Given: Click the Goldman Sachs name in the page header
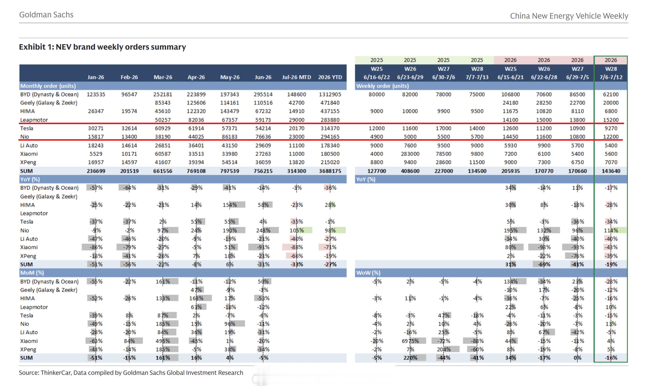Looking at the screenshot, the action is coord(46,15).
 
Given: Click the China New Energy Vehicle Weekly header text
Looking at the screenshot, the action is coord(569,16).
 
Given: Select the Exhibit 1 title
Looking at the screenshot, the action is coord(102,47).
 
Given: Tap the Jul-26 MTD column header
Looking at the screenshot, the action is coord(296,77).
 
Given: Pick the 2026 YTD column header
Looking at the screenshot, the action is coord(330,77).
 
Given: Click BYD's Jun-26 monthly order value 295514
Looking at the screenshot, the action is coord(263,94).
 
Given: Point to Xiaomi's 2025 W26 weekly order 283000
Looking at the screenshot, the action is coord(410,154).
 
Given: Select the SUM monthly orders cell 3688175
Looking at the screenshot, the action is coord(330,171).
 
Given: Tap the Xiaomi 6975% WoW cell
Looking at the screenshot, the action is coord(410,341).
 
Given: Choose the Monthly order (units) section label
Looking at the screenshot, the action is coord(48,86).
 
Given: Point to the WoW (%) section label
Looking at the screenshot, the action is coord(368,273).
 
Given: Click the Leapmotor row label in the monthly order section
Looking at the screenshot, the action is coord(34,120).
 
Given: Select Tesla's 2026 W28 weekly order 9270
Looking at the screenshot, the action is coord(611,128).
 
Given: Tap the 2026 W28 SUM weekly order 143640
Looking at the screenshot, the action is coord(611,171).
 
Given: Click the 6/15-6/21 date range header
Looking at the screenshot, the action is coord(510,77).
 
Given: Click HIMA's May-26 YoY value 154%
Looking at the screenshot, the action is coord(230,205).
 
